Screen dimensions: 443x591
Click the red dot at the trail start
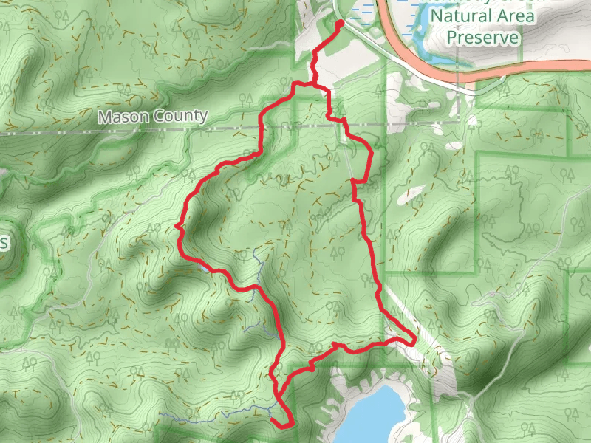pyautogui.click(x=340, y=24)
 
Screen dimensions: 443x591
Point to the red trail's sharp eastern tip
pyautogui.click(x=414, y=340)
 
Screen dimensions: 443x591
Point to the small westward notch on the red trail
pyautogui.click(x=177, y=226)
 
